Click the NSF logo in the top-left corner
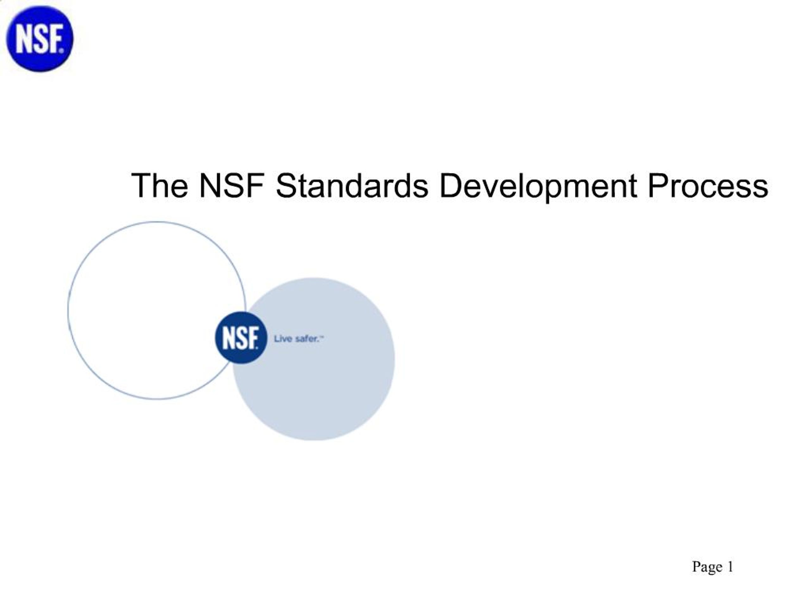click(40, 39)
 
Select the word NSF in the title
click(231, 186)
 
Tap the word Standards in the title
click(352, 186)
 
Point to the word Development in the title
click(538, 187)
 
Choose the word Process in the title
click(707, 186)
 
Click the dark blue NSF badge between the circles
click(240, 338)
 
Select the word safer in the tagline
click(307, 339)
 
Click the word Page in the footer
click(707, 567)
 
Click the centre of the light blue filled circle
click(314, 359)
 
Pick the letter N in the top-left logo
click(23, 39)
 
